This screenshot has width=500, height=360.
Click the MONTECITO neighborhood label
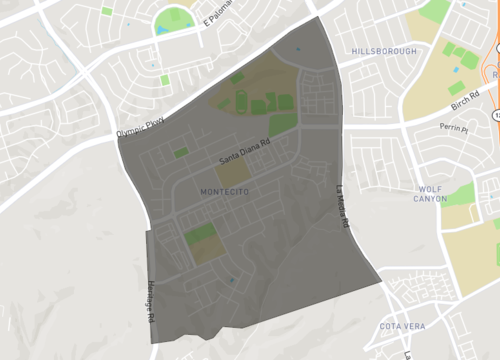click(x=224, y=191)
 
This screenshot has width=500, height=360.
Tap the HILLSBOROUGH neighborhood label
click(x=384, y=50)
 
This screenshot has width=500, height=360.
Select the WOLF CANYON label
click(x=431, y=193)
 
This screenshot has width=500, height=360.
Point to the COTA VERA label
click(x=403, y=327)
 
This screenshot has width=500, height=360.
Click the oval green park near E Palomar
click(x=173, y=18)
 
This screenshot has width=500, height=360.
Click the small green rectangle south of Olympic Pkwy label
click(x=165, y=80)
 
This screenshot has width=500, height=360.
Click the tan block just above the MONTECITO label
click(x=230, y=172)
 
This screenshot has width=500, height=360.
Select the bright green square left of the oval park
click(x=106, y=11)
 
